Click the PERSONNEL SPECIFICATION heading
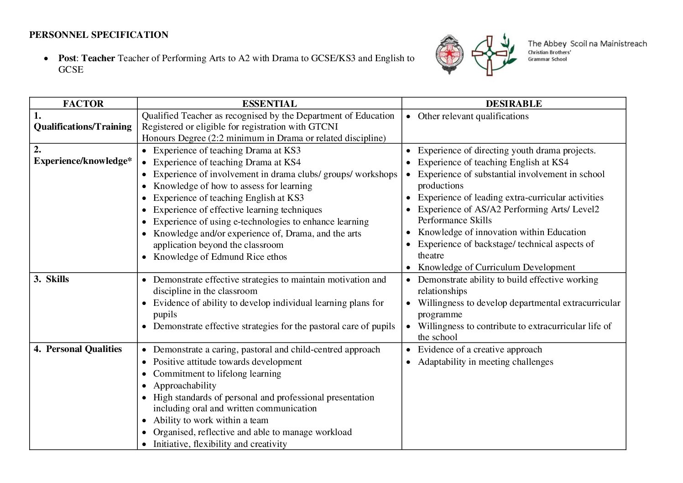[99, 35]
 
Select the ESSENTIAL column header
[269, 104]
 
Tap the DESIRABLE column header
[514, 104]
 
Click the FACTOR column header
[83, 104]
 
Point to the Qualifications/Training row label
[83, 126]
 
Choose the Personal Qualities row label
[84, 349]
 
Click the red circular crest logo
[449, 54]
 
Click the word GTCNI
[323, 127]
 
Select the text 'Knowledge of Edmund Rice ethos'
[220, 257]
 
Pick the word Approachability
[185, 386]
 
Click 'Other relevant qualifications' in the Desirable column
[473, 116]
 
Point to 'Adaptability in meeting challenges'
[485, 362]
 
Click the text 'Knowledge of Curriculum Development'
[496, 268]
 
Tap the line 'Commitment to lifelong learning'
[217, 374]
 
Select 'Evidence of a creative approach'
[480, 350]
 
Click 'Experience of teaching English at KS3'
[229, 198]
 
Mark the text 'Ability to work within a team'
[211, 420]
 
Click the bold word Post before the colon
[67, 58]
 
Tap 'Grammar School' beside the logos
[547, 59]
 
